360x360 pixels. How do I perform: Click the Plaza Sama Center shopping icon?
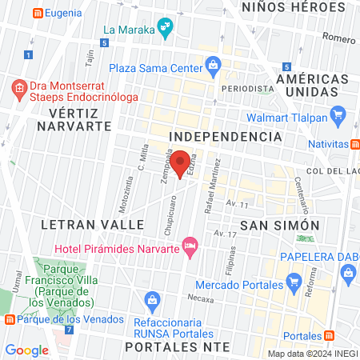pos(213,64)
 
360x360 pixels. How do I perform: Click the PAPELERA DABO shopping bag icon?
pos(348,273)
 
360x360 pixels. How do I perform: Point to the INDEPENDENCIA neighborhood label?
pos(226,137)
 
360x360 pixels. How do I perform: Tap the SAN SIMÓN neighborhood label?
pos(281,226)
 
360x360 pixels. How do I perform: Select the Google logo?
pos(26,350)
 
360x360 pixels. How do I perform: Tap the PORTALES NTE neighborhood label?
pos(177,346)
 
